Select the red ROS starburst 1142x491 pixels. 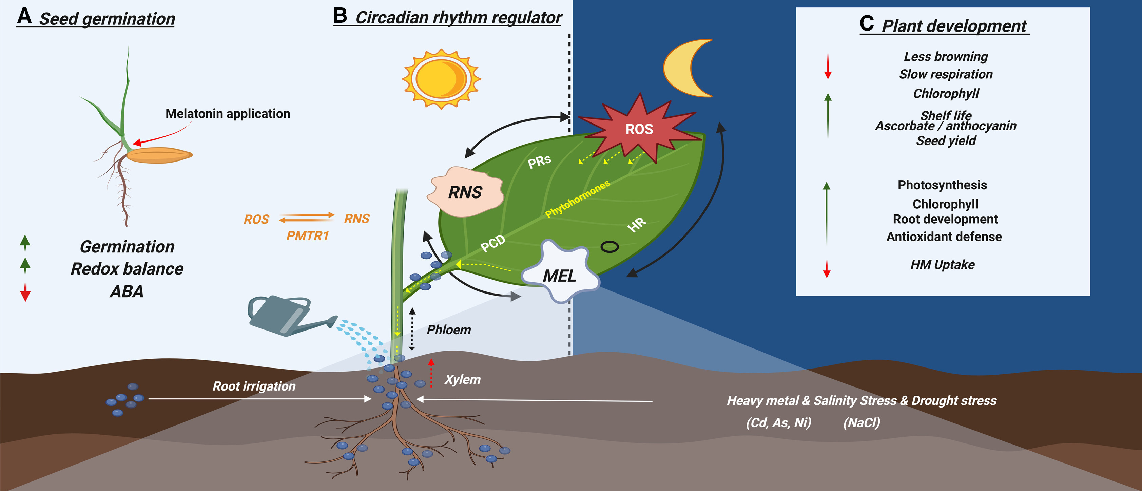[639, 129]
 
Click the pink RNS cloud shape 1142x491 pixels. [465, 192]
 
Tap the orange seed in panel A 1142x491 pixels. [160, 155]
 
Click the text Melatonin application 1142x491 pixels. [228, 114]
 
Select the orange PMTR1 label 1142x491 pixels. [307, 235]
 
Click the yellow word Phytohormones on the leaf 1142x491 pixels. [577, 199]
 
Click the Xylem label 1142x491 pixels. [462, 379]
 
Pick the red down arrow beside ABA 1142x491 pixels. [25, 293]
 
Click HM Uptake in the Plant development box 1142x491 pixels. [942, 265]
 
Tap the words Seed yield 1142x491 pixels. [946, 141]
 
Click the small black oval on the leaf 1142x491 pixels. [609, 247]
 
